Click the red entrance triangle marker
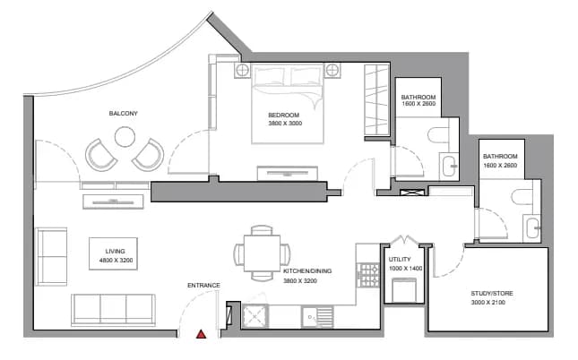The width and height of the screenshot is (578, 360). click(x=201, y=334)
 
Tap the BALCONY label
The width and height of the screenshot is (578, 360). click(x=123, y=114)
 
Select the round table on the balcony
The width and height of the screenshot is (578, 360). click(x=125, y=137)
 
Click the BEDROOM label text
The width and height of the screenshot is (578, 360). click(x=283, y=115)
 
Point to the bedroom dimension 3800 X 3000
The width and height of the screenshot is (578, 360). click(x=285, y=124)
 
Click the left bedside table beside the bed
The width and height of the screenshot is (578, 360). click(x=243, y=71)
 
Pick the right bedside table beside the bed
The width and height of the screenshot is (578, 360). click(x=332, y=70)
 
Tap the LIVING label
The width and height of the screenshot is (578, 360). click(x=115, y=252)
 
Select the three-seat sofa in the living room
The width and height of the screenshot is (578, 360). click(x=113, y=310)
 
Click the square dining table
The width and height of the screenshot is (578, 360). click(x=262, y=253)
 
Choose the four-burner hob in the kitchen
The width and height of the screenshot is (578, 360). click(x=368, y=275)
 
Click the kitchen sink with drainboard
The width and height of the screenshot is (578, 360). click(x=317, y=316)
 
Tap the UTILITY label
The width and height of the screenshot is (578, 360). click(x=400, y=260)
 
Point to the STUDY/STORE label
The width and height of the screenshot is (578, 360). click(x=492, y=294)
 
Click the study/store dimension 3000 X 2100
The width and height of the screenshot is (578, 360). click(x=488, y=303)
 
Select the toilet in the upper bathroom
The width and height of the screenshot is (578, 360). click(x=439, y=135)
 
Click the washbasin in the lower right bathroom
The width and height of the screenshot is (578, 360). click(x=532, y=228)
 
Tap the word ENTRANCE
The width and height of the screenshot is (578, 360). click(x=203, y=285)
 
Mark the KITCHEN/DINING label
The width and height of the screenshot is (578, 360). click(x=307, y=271)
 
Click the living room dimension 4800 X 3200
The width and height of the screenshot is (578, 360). click(x=116, y=261)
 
